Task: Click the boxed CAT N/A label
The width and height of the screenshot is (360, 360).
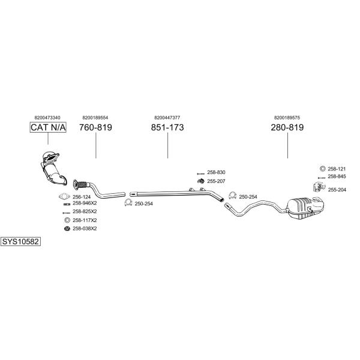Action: pos(48,127)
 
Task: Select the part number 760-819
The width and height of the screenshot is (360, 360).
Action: pos(95,127)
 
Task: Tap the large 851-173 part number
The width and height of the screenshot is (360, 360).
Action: pos(167,127)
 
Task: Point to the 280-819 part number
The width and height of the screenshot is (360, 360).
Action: pos(287,127)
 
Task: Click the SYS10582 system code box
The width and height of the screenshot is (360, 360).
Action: pos(20,242)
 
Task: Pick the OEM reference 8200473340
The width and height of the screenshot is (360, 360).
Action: pos(47,118)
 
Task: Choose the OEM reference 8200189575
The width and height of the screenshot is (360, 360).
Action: pos(287,118)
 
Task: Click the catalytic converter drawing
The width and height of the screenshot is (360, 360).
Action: pos(53,167)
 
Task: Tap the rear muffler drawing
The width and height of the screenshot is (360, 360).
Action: pos(305,208)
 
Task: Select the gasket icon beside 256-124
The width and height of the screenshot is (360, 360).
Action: pos(64,197)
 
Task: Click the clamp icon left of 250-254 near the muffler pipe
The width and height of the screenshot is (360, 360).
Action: pos(233,196)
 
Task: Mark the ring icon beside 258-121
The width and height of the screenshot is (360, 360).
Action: pos(323,169)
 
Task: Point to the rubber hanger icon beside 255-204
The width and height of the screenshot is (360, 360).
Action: pos(319,187)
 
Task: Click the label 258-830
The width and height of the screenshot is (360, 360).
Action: pos(216,172)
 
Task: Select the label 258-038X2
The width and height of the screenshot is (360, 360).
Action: pos(85,229)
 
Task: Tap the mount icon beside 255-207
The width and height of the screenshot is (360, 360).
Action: pos(201,181)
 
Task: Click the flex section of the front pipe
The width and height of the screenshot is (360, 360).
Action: pos(82,184)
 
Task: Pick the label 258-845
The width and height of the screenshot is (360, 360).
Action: pos(337,176)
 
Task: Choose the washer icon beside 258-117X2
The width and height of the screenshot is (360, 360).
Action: pos(67,220)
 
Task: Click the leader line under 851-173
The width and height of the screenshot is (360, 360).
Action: pos(167,145)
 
